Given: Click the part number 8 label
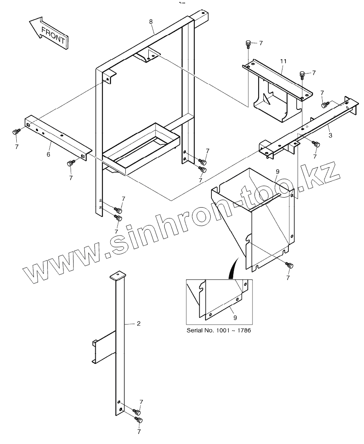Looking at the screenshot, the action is click(x=151, y=21).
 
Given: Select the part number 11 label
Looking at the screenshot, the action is click(x=283, y=61).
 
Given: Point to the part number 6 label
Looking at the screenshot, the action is click(x=48, y=155).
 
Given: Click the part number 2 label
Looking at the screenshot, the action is click(x=139, y=323).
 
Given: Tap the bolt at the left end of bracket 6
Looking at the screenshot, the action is click(x=16, y=132).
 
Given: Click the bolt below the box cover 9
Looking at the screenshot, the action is click(x=290, y=265).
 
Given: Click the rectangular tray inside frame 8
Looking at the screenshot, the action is click(x=140, y=146).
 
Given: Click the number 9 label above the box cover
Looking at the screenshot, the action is click(x=277, y=172).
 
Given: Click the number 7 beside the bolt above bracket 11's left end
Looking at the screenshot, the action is click(x=261, y=43).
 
